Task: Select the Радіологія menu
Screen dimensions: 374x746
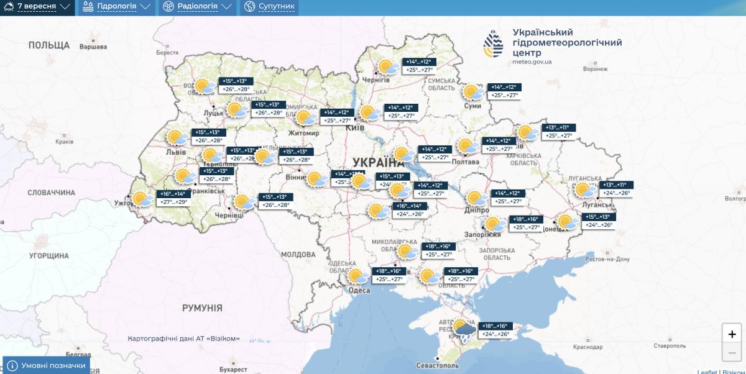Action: click(196, 7)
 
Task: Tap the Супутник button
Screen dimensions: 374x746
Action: click(270, 7)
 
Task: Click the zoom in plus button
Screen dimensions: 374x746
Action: click(732, 334)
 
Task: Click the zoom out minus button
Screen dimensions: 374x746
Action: click(732, 353)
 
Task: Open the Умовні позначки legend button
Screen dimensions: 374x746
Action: click(47, 365)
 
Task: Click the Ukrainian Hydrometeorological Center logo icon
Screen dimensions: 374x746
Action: click(494, 45)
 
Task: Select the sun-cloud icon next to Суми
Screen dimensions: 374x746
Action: click(473, 93)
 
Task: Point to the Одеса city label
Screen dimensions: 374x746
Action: click(359, 290)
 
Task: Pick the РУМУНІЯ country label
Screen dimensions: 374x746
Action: click(202, 308)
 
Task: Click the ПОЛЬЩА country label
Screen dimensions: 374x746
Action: click(49, 45)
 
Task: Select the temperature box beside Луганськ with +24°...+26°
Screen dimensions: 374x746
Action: click(615, 193)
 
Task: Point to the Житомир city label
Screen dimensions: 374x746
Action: click(303, 133)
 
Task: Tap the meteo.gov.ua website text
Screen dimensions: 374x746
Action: click(532, 62)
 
